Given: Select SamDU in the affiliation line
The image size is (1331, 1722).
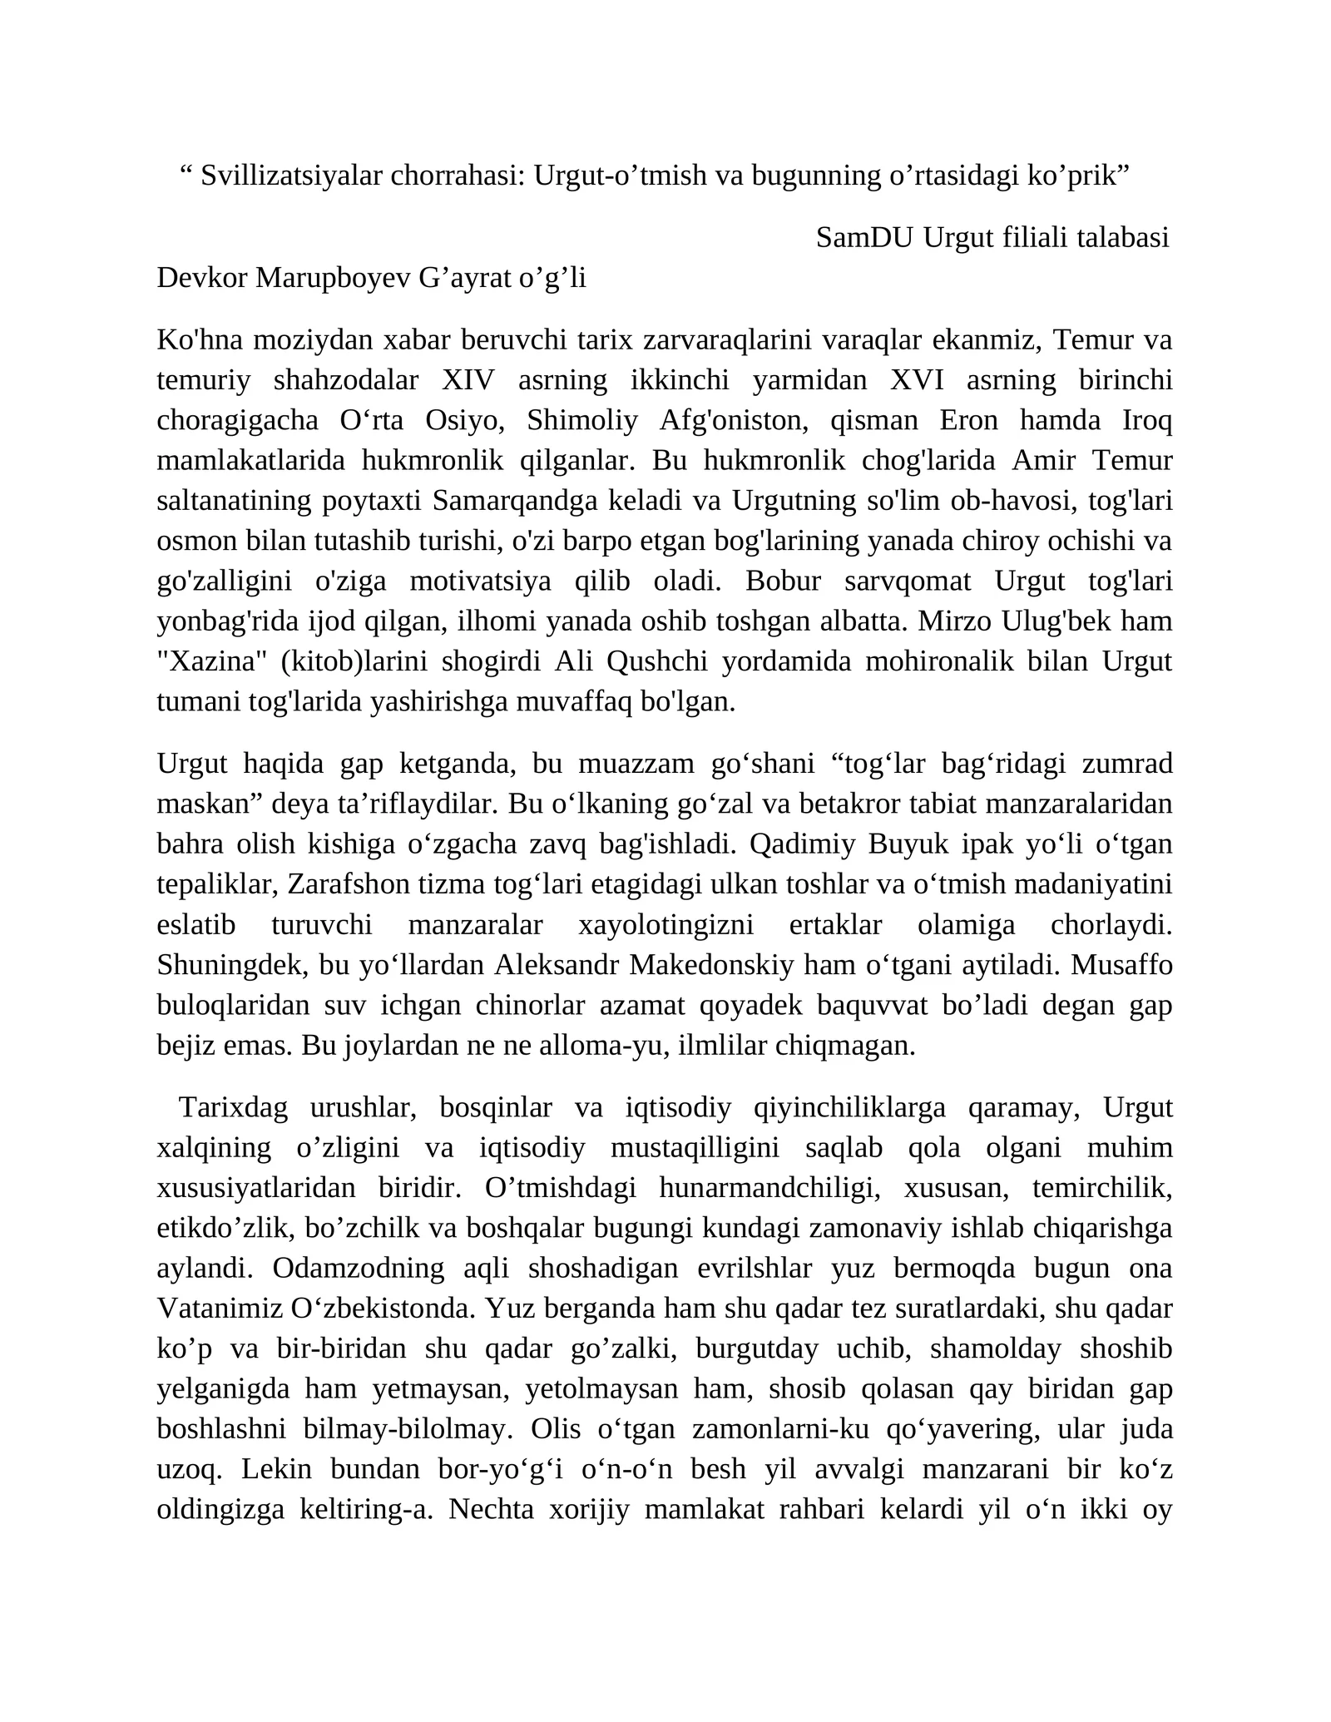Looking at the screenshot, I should pyautogui.click(x=865, y=238).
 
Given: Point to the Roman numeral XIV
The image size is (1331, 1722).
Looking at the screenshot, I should pyautogui.click(x=468, y=380).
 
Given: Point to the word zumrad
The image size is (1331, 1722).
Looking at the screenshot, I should pyautogui.click(x=1131, y=763).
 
